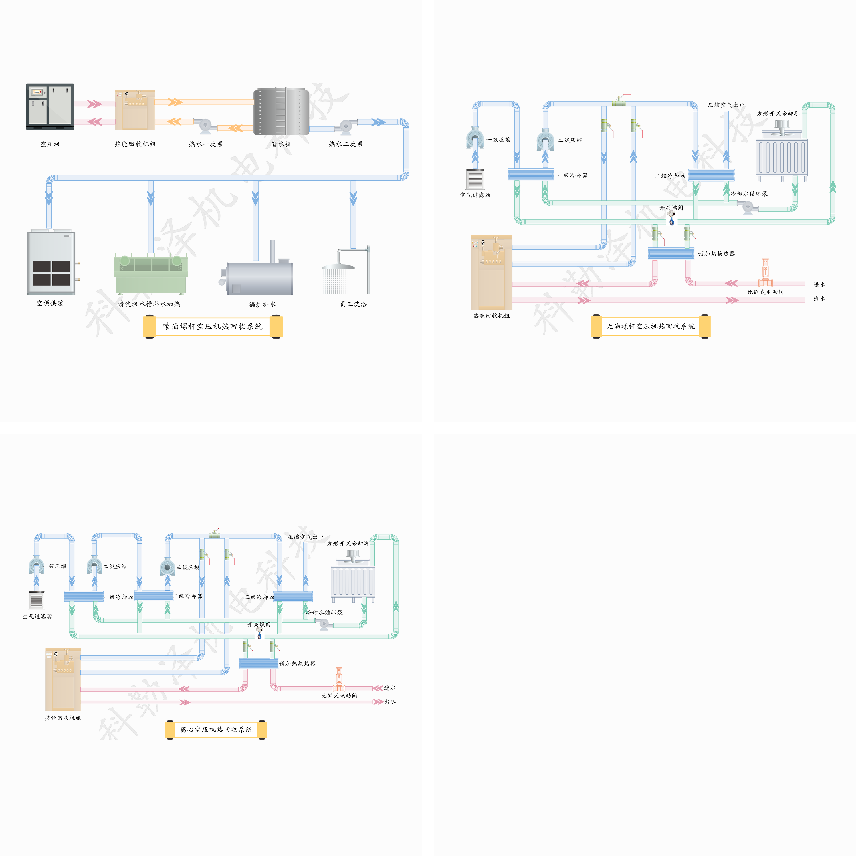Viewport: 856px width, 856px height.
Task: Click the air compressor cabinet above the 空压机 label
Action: (50, 106)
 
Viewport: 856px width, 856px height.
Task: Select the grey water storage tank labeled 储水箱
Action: (281, 111)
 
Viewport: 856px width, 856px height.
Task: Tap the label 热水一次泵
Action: (206, 144)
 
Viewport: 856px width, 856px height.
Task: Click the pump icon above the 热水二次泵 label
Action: (346, 126)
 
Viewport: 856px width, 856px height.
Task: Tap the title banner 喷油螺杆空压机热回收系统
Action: (213, 326)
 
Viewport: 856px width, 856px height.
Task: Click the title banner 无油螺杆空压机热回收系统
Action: (651, 326)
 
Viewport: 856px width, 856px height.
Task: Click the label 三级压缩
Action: (187, 567)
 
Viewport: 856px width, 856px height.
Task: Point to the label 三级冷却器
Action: (259, 597)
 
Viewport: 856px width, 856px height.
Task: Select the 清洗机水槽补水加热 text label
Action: (149, 304)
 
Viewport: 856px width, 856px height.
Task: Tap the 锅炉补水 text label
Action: (262, 304)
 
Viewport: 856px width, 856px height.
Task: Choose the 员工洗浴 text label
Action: (354, 304)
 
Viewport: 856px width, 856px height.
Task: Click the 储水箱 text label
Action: (281, 144)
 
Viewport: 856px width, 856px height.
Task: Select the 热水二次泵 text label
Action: (346, 144)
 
